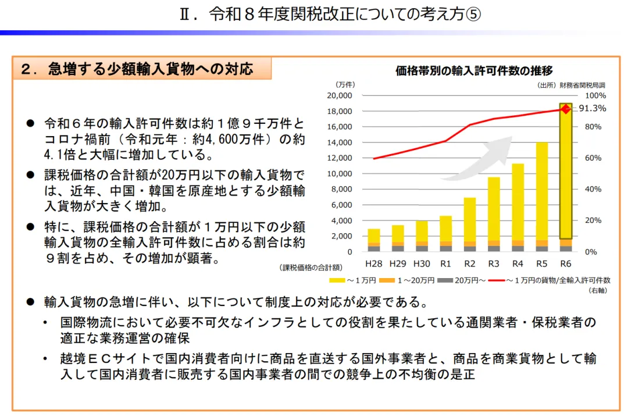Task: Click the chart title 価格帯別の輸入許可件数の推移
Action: pyautogui.click(x=474, y=71)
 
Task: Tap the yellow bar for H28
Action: pyautogui.click(x=374, y=236)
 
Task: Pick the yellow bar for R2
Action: pyautogui.click(x=470, y=219)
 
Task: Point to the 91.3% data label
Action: pyautogui.click(x=593, y=108)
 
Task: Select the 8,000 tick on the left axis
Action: pyautogui.click(x=341, y=189)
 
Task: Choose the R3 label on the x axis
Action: pyautogui.click(x=494, y=264)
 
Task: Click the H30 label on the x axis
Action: pyautogui.click(x=422, y=264)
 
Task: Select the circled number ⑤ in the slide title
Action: pyautogui.click(x=473, y=14)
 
